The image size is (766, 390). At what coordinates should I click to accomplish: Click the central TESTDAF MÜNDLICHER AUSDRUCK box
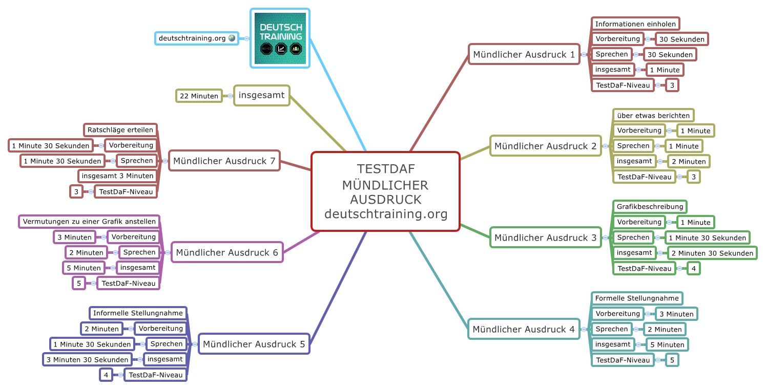tap(385, 191)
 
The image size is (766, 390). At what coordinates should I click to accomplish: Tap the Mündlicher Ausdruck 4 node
tap(523, 329)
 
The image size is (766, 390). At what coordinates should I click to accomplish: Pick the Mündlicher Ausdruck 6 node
tap(227, 252)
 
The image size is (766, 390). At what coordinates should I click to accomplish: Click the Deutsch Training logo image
tap(280, 38)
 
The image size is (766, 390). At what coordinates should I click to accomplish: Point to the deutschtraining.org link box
tap(193, 38)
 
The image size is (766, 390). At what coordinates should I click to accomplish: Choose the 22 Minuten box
tap(199, 96)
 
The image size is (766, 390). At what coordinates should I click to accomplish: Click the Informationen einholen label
tap(635, 24)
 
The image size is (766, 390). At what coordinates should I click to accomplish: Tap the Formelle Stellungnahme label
tap(636, 298)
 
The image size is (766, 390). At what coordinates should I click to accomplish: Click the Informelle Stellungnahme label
tap(138, 313)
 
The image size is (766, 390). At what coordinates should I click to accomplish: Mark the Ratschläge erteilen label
tap(120, 130)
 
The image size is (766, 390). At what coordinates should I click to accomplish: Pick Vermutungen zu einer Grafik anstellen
tap(89, 222)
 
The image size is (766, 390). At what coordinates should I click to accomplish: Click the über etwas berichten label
tap(653, 116)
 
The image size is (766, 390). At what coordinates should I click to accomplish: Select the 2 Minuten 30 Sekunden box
tap(712, 253)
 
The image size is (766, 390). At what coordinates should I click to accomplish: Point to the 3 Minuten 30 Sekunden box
tap(87, 360)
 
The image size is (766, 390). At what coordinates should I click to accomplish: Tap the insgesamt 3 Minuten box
tap(117, 176)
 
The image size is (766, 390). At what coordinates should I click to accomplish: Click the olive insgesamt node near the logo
tap(261, 95)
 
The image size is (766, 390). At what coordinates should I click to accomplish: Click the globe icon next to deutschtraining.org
tap(232, 38)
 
